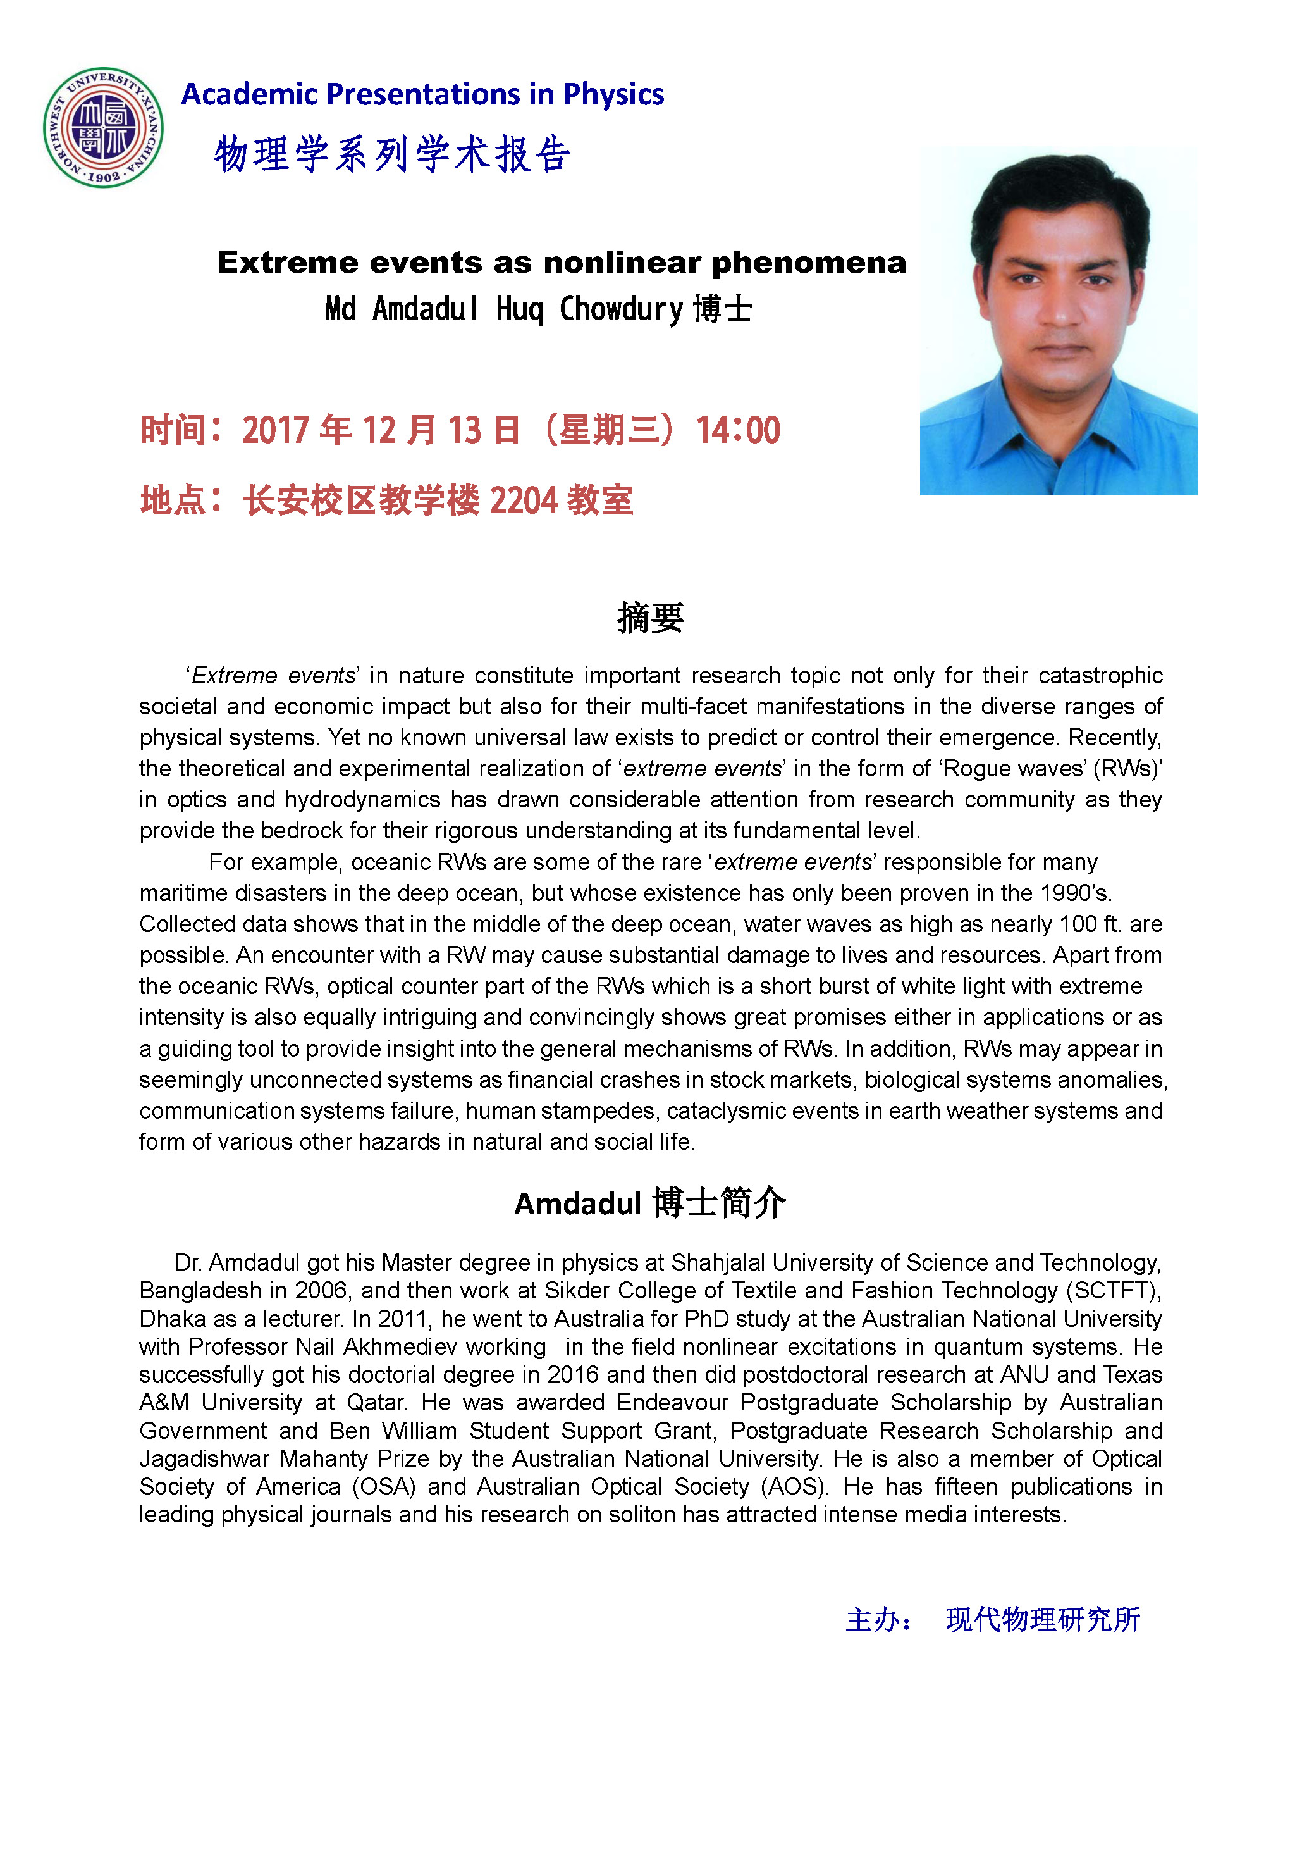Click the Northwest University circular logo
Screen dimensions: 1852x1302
coord(103,127)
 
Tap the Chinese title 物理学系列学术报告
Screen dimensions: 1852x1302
coord(393,154)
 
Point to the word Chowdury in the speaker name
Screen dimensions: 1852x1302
coord(621,309)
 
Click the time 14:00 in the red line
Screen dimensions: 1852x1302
coord(738,430)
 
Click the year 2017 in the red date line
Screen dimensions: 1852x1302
coord(275,430)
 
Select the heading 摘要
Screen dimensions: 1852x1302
coord(651,618)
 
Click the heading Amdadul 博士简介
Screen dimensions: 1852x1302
coord(650,1203)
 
